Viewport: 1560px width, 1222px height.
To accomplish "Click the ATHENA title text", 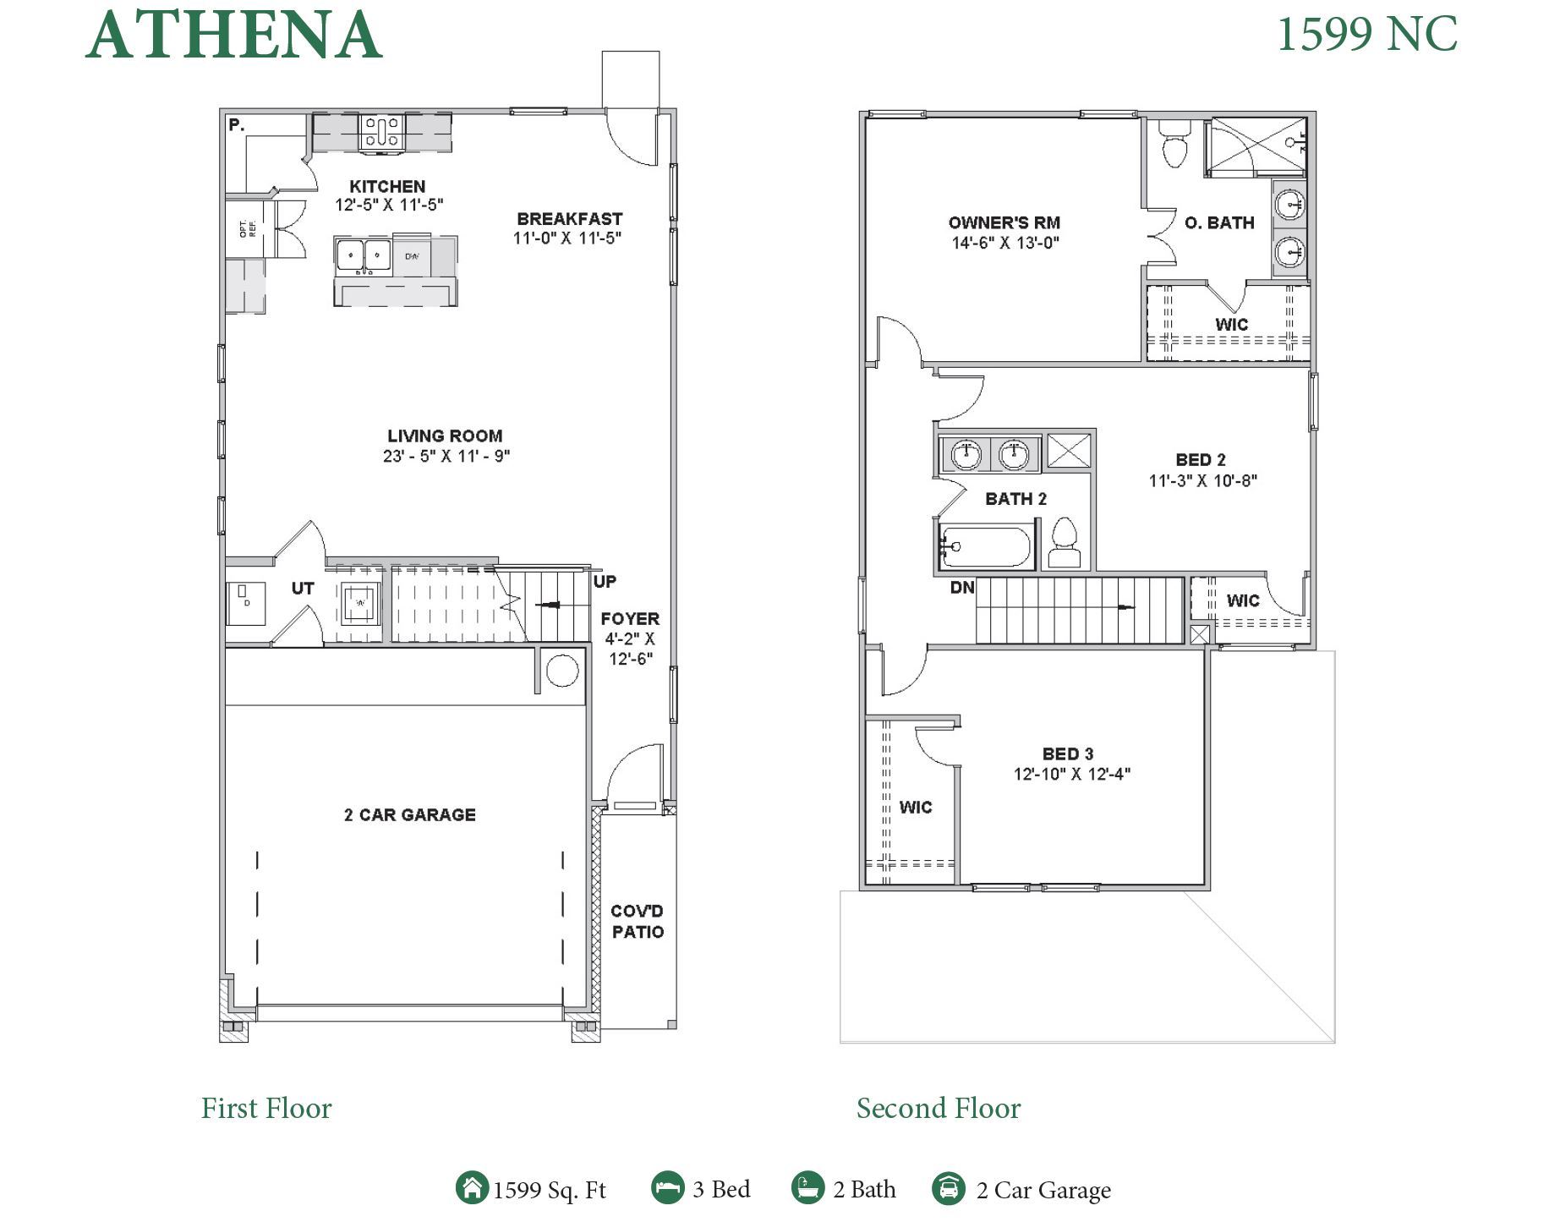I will [233, 36].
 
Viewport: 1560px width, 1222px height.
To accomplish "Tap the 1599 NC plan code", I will [1366, 35].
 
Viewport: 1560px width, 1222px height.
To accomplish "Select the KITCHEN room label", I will [387, 186].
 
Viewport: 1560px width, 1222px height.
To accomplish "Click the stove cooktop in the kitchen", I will [382, 133].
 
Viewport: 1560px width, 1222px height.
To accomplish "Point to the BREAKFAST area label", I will [569, 219].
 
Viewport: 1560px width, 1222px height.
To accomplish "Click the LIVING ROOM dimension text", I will [446, 456].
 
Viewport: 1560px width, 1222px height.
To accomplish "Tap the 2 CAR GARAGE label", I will [409, 814].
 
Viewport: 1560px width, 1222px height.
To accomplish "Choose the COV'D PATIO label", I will [638, 922].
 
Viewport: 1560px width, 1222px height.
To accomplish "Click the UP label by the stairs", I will [605, 582].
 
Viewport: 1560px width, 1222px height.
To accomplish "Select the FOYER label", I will [630, 618].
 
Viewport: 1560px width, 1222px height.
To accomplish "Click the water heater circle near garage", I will [562, 671].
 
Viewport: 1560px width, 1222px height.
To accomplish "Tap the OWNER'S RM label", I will [1004, 222].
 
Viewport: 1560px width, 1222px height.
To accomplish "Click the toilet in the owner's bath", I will [1174, 145].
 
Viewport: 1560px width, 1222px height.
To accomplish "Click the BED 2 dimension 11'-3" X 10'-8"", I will [1202, 480].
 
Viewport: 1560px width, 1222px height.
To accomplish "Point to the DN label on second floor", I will [962, 587].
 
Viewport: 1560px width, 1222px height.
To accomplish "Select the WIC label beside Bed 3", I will [916, 807].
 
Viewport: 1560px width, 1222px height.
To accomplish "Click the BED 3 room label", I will [1067, 753].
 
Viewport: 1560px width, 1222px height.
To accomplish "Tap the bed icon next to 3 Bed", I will [667, 1187].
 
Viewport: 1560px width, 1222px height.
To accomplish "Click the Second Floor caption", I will [938, 1108].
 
